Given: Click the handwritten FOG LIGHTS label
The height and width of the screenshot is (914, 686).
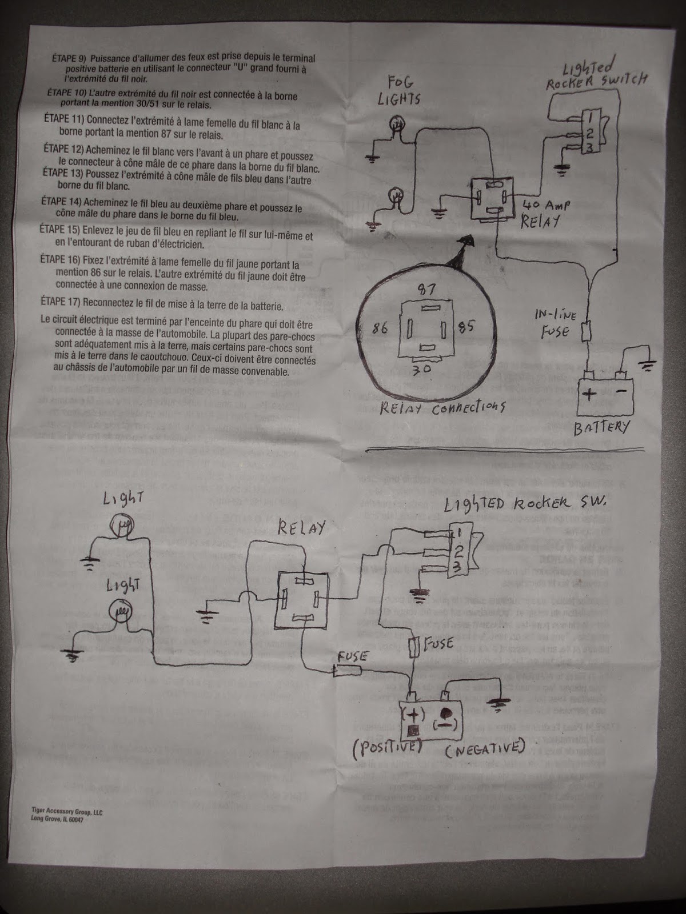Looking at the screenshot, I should [399, 90].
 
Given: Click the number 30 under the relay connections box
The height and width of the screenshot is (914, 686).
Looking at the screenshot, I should [423, 369].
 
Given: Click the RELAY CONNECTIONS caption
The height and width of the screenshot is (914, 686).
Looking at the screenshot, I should [444, 408].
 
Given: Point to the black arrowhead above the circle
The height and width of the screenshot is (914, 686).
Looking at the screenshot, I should [462, 253].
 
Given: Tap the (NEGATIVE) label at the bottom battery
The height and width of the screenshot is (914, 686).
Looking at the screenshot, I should [484, 747].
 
